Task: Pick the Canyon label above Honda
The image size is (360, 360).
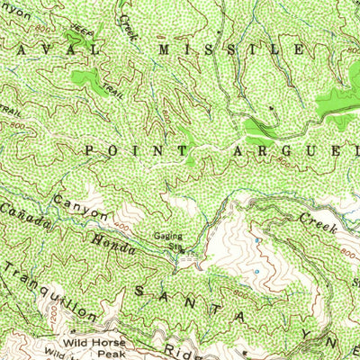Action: [x=81, y=208]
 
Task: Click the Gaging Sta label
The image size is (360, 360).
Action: [x=167, y=241]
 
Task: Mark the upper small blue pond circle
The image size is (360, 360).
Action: [x=257, y=240]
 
